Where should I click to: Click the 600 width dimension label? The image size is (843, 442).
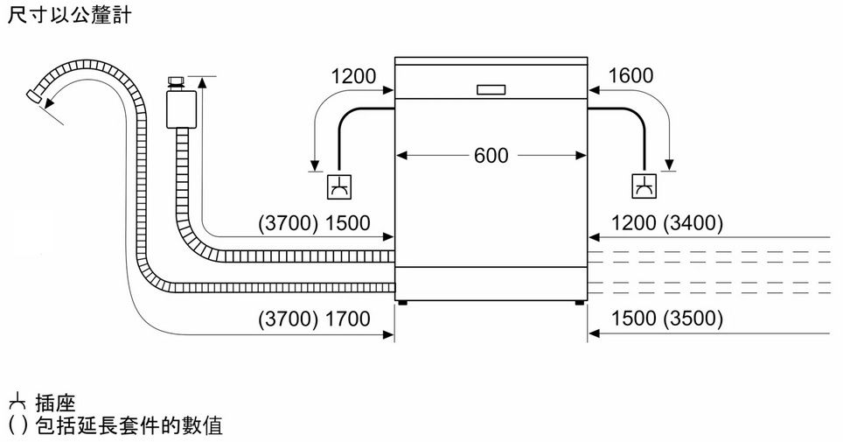tap(491, 156)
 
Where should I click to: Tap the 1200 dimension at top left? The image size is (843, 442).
tap(353, 76)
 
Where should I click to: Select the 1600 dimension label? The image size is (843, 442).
tap(631, 75)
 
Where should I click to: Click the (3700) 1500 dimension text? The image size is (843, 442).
tap(314, 223)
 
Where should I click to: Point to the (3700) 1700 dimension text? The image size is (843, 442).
tap(314, 319)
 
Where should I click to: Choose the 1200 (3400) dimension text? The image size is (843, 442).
tap(666, 223)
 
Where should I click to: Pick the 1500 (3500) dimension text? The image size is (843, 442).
tap(666, 319)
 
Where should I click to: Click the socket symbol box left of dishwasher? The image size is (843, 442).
tap(340, 186)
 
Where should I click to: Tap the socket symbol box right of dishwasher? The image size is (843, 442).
tap(644, 186)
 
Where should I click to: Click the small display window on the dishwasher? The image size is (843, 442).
tap(491, 89)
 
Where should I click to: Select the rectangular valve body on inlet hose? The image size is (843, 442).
tap(181, 109)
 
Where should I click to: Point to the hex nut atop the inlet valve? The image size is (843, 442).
tap(176, 81)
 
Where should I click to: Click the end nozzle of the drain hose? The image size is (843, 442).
tap(34, 96)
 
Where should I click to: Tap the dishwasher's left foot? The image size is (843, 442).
tap(402, 303)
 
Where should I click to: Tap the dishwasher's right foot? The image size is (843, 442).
tap(580, 303)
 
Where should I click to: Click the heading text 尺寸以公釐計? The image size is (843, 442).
tap(70, 14)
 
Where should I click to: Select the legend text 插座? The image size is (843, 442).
tap(55, 403)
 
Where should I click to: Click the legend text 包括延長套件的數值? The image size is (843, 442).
tap(129, 426)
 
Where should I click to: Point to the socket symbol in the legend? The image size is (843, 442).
tap(17, 402)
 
